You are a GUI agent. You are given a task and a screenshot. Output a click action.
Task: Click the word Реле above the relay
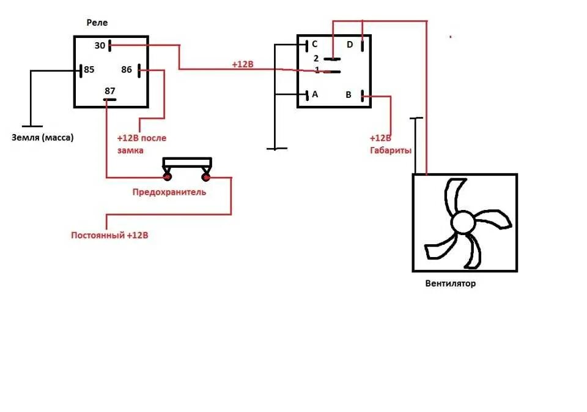[x=97, y=23]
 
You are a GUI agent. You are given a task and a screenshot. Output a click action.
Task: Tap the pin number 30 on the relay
[x=100, y=45]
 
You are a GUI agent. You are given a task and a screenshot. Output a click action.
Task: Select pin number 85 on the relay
[x=89, y=69]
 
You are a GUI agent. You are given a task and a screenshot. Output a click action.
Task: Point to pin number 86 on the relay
[x=127, y=69]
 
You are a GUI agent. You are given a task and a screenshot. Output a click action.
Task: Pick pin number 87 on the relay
[x=110, y=90]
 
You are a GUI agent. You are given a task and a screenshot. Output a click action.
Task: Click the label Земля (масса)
[x=42, y=138]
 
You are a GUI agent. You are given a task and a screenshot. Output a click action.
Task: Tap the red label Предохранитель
[x=169, y=192]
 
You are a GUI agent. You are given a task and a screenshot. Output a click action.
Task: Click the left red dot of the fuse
[x=167, y=178]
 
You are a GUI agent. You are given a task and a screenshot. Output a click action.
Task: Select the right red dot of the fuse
[x=206, y=178]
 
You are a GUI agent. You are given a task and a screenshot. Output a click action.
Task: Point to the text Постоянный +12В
[x=109, y=235]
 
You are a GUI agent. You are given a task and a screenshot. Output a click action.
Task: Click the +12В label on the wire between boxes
[x=243, y=64]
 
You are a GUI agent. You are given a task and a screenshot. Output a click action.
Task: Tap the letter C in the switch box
[x=315, y=44]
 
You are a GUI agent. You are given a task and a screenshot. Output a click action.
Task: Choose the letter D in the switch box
[x=350, y=44]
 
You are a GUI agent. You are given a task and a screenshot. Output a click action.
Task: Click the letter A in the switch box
[x=315, y=94]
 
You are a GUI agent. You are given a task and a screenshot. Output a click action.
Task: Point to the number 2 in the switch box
[x=316, y=58]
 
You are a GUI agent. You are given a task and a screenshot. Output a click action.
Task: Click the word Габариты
[x=390, y=150]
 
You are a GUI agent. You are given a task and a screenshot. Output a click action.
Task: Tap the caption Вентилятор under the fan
[x=450, y=283]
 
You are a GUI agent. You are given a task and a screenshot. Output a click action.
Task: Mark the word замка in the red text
[x=131, y=150]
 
